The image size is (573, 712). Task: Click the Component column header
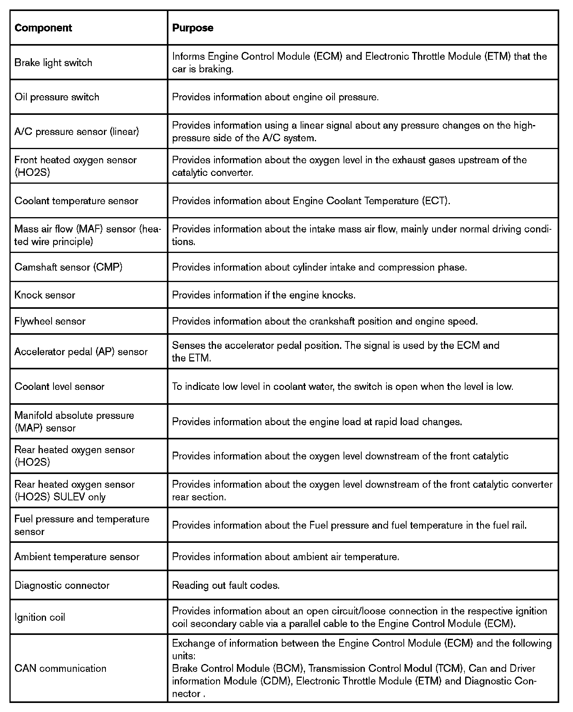(x=43, y=28)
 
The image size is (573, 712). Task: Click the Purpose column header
(x=193, y=28)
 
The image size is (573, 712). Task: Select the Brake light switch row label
(x=53, y=63)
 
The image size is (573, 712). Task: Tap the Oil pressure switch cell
(x=57, y=97)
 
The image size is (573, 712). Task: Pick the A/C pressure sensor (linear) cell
(x=77, y=131)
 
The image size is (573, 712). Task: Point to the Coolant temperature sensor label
(x=76, y=201)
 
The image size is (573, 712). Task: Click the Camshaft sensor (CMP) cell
(x=68, y=267)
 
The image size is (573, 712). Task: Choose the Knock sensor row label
(x=45, y=295)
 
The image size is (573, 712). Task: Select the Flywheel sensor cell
(x=50, y=321)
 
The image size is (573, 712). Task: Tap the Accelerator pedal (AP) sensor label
(x=81, y=352)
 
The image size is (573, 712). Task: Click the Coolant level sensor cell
(x=59, y=386)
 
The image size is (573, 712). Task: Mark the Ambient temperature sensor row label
(x=77, y=557)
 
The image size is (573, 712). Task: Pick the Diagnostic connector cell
(x=62, y=585)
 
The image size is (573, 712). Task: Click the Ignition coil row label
(x=40, y=617)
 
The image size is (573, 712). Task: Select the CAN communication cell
(x=60, y=668)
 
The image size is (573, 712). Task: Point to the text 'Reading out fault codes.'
(x=226, y=585)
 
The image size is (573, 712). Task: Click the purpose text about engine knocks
(x=264, y=295)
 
